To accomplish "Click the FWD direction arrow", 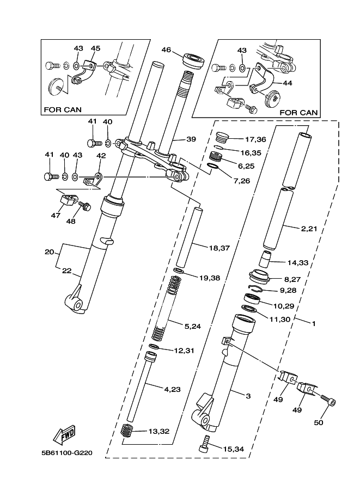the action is pyautogui.click(x=64, y=434).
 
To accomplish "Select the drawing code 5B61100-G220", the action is pyautogui.click(x=66, y=452).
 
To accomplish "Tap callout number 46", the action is pyautogui.click(x=166, y=50).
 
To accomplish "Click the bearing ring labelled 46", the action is pyautogui.click(x=193, y=60).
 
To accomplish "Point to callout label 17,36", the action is pyautogui.click(x=255, y=139).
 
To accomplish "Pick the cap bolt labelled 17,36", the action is pyautogui.click(x=223, y=138).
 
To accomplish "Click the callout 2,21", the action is pyautogui.click(x=309, y=228).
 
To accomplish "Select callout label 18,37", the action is pyautogui.click(x=219, y=248).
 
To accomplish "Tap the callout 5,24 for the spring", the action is pyautogui.click(x=193, y=326).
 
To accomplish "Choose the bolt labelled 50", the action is pyautogui.click(x=328, y=400).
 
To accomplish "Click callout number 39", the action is pyautogui.click(x=191, y=139).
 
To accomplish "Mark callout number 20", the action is pyautogui.click(x=49, y=252).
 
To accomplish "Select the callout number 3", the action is pyautogui.click(x=248, y=396).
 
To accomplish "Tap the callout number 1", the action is pyautogui.click(x=314, y=323).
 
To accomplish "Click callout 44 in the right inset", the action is pyautogui.click(x=288, y=83).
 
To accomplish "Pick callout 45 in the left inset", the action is pyautogui.click(x=95, y=48).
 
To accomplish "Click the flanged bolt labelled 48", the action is pyautogui.click(x=84, y=206).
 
